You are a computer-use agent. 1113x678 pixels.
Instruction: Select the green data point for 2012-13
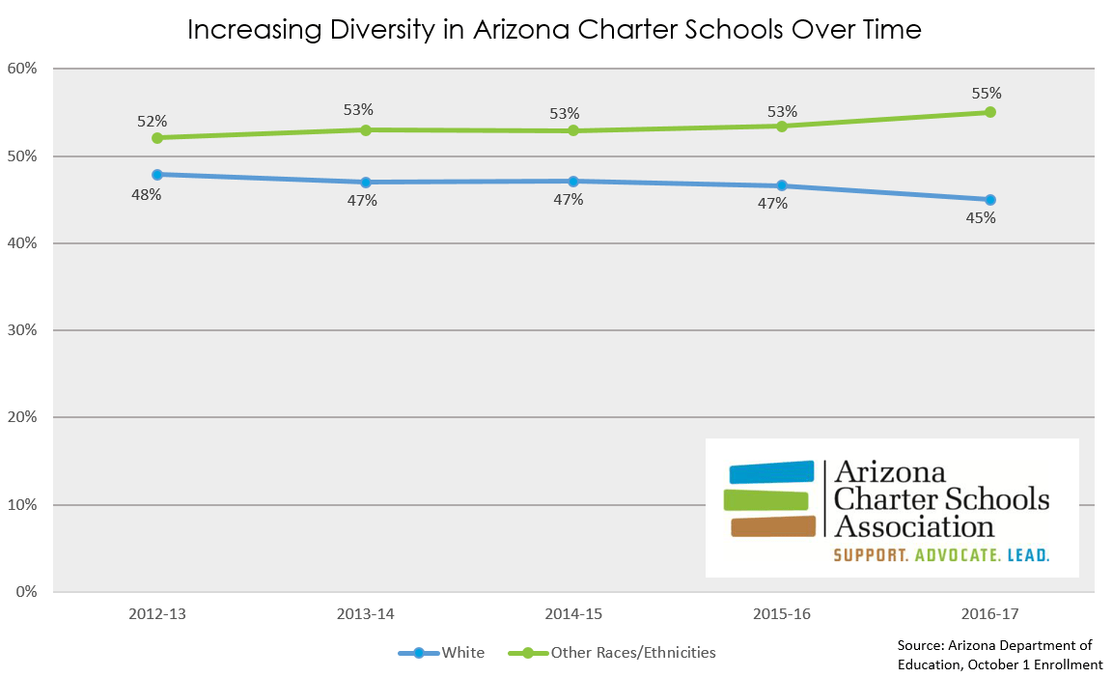click(157, 138)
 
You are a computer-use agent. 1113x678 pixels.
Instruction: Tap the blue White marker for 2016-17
click(989, 200)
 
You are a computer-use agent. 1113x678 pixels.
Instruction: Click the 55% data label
click(987, 94)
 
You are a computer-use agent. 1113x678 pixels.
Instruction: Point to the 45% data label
click(981, 218)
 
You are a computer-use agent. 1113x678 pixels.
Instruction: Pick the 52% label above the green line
click(152, 122)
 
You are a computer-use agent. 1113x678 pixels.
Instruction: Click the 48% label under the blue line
click(147, 194)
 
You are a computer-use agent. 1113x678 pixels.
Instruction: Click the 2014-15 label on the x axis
click(572, 614)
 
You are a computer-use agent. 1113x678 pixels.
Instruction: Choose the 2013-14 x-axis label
click(365, 614)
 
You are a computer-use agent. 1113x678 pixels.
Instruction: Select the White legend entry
click(462, 653)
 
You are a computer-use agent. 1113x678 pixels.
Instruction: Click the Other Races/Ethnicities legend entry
click(633, 653)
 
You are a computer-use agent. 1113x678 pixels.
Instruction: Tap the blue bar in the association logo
click(771, 472)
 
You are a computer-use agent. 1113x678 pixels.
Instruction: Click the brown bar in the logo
click(772, 526)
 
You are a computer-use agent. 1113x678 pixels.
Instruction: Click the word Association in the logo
click(914, 526)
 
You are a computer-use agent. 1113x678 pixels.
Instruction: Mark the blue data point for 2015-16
click(782, 185)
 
